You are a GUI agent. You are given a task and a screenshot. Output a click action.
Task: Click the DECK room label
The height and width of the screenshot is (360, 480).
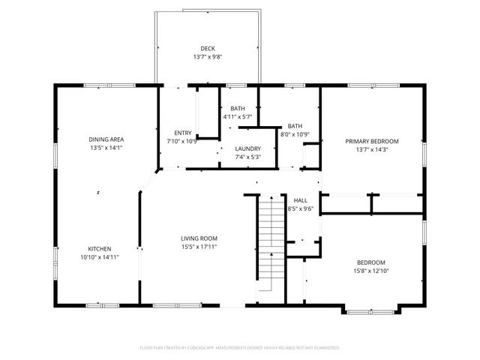click(x=207, y=49)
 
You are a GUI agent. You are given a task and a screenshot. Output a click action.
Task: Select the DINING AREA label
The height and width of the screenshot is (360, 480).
click(x=106, y=139)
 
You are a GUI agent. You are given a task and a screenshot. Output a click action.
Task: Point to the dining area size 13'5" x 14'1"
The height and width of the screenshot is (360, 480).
click(x=106, y=148)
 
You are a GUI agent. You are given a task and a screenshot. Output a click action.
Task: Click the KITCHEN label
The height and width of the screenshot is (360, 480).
click(x=100, y=248)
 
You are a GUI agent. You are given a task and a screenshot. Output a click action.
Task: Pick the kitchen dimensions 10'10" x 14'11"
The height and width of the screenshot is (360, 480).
click(x=100, y=257)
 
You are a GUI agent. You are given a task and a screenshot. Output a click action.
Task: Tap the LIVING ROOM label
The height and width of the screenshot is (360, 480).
click(x=199, y=238)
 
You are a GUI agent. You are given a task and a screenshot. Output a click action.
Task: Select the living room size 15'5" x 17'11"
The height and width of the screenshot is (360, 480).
click(x=199, y=247)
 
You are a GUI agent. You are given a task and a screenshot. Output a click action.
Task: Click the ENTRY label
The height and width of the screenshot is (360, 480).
click(x=183, y=133)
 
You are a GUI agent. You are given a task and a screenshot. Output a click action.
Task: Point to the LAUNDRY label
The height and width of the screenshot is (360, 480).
click(x=248, y=148)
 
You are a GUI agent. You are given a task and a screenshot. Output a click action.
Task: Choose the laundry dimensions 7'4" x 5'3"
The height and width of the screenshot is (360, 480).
click(x=248, y=157)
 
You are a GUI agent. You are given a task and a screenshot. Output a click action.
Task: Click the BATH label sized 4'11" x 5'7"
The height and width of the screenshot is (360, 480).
click(x=238, y=109)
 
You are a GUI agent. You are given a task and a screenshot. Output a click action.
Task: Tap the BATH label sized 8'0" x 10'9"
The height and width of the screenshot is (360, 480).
click(x=295, y=126)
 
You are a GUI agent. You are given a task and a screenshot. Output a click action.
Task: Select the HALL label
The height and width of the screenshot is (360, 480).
click(x=300, y=200)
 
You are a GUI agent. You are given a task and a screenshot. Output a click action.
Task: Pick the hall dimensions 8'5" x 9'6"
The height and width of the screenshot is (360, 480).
click(x=300, y=209)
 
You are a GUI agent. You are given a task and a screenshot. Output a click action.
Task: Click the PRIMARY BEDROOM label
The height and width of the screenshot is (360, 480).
click(x=371, y=141)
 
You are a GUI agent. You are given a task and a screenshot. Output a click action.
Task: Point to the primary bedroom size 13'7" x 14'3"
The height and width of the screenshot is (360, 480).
click(x=371, y=150)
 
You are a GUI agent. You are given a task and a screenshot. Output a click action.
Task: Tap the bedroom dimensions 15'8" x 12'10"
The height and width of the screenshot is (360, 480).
click(x=370, y=271)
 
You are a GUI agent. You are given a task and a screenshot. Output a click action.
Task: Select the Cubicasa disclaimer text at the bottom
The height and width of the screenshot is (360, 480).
click(x=240, y=348)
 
